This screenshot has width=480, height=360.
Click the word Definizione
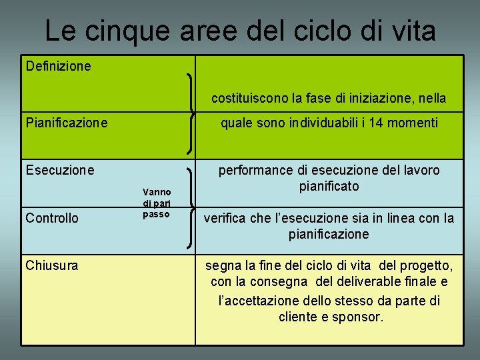pos(58,66)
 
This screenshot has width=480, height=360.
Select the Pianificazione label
pos(67,123)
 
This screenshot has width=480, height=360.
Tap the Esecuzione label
pos(60,170)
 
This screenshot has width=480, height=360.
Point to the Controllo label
pos(52,218)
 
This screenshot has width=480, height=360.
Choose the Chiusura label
pos(52,265)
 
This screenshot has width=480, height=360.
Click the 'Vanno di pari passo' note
pos(157,203)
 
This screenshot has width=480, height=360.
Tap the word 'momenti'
pos(413,123)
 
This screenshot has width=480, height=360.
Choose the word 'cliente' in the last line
pos(298,317)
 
